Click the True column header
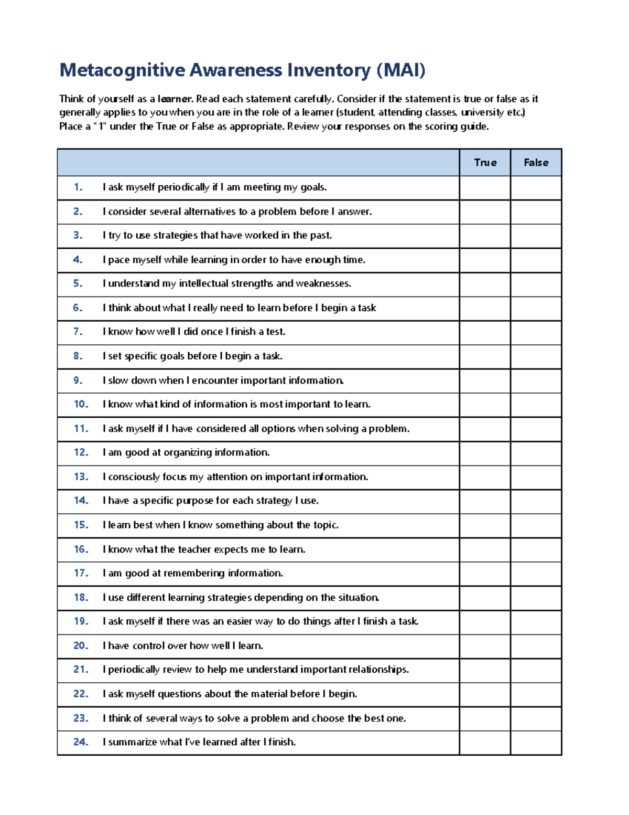[485, 163]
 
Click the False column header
[536, 163]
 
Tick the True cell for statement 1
[485, 188]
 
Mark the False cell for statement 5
[536, 284]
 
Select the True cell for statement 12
[485, 453]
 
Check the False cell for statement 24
[536, 743]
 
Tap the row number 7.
[78, 332]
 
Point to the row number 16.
[81, 549]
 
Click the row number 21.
[81, 670]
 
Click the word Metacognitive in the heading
[122, 70]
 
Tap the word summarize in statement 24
[132, 742]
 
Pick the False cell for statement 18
[536, 598]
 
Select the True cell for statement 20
[485, 646]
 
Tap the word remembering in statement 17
[194, 573]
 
